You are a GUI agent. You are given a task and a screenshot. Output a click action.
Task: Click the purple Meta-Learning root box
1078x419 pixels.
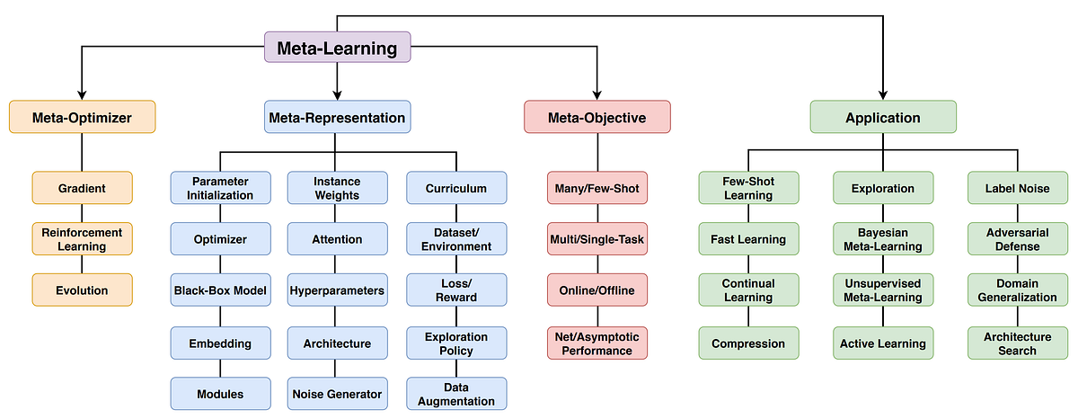coord(337,47)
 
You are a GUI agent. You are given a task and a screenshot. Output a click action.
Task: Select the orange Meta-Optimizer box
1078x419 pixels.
coord(82,117)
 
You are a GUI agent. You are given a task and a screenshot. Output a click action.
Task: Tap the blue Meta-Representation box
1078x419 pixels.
coord(337,117)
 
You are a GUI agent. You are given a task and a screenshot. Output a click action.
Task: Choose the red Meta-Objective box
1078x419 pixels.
coord(597,117)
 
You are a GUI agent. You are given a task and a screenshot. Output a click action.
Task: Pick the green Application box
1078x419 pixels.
coord(883,117)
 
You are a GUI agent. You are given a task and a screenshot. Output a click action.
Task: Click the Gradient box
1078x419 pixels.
coord(82,188)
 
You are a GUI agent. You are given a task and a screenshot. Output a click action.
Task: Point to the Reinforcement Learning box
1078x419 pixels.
coord(82,239)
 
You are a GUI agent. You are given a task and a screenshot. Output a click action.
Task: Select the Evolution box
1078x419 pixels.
coord(82,290)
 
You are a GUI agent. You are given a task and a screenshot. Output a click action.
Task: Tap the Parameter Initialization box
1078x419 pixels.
coord(220,188)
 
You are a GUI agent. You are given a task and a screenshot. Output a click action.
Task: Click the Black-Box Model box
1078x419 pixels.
coord(220,290)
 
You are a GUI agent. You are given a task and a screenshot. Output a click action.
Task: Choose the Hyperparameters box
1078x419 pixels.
coord(337,290)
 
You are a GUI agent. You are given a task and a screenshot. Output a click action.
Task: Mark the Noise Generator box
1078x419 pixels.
coord(337,394)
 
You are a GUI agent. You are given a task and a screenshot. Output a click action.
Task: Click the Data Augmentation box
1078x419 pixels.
coord(456,394)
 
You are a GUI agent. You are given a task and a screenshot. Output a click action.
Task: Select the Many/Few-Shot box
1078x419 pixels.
coord(597,188)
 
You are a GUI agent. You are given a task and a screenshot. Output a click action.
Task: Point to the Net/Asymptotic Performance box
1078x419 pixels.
coord(597,343)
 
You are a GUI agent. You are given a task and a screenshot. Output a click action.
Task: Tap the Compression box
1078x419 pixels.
coord(748,343)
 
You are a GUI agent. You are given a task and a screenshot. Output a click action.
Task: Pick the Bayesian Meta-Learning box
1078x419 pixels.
coord(883,239)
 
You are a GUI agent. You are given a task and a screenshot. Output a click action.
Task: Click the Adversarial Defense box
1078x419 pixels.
coord(1017,239)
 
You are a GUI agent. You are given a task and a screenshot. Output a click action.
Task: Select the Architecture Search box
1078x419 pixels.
coord(1017,343)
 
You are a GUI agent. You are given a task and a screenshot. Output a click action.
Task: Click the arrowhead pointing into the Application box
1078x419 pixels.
coord(883,94)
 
